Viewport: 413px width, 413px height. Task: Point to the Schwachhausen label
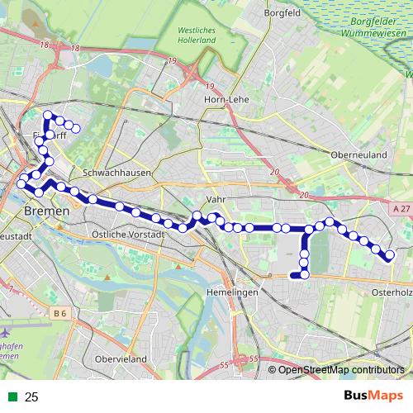(113, 173)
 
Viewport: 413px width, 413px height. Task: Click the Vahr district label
(216, 200)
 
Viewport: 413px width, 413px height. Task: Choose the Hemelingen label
(231, 292)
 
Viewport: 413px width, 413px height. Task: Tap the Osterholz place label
(392, 292)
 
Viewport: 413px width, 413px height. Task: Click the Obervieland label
(121, 358)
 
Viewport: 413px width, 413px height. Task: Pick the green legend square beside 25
(12, 397)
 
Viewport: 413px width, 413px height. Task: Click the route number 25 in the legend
(32, 397)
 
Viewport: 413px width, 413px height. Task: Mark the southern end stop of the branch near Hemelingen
(296, 273)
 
